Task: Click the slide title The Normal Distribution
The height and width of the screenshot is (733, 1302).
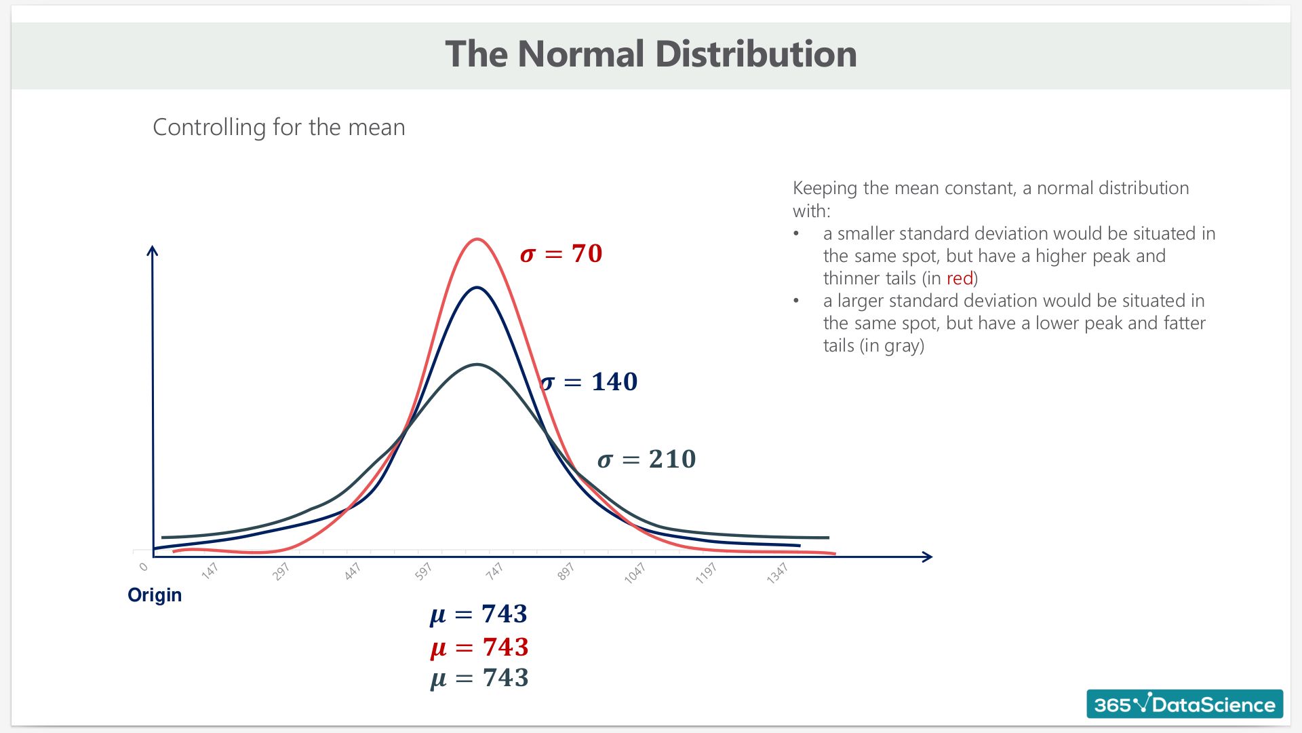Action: (651, 54)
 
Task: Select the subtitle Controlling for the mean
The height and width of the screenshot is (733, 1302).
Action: (279, 128)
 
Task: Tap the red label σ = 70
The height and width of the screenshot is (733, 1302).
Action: (561, 254)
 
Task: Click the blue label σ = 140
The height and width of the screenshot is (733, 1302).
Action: (589, 382)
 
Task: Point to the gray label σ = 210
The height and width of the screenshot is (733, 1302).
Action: (647, 459)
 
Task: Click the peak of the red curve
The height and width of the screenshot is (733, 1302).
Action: (477, 239)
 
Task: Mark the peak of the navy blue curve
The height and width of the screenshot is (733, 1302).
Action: (477, 288)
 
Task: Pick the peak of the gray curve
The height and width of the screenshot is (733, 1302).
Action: (477, 365)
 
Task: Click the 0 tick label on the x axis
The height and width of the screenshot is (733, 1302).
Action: (143, 567)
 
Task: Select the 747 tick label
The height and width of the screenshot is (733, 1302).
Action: (494, 571)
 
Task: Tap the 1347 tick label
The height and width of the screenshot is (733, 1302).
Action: (777, 574)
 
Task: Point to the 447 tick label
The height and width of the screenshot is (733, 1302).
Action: (352, 571)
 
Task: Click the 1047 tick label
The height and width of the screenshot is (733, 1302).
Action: (635, 574)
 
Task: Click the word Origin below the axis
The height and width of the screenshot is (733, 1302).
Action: (155, 595)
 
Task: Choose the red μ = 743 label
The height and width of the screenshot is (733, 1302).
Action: (479, 647)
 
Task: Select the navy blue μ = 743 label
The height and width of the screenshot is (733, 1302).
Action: (479, 614)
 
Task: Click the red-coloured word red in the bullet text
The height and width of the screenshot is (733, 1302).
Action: (960, 278)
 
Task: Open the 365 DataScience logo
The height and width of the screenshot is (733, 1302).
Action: (1185, 704)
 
